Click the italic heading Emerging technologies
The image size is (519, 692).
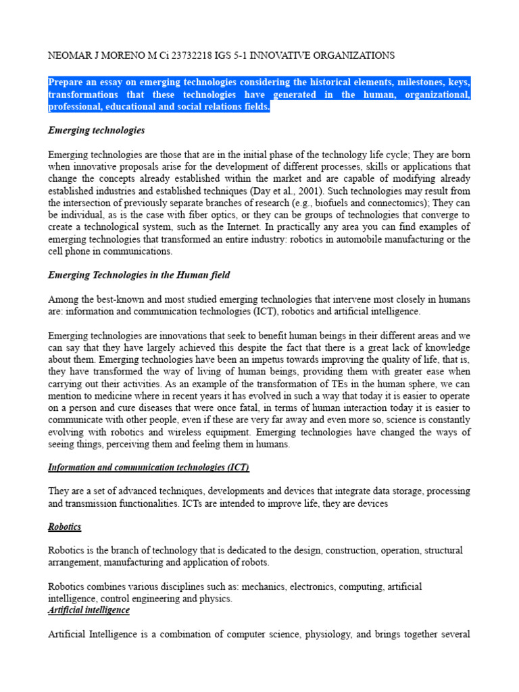(x=97, y=130)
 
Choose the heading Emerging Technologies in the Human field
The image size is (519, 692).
(x=139, y=275)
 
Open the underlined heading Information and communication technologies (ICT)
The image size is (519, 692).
(x=149, y=467)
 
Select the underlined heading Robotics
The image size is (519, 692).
(x=65, y=527)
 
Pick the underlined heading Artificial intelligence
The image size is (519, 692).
(x=89, y=610)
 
